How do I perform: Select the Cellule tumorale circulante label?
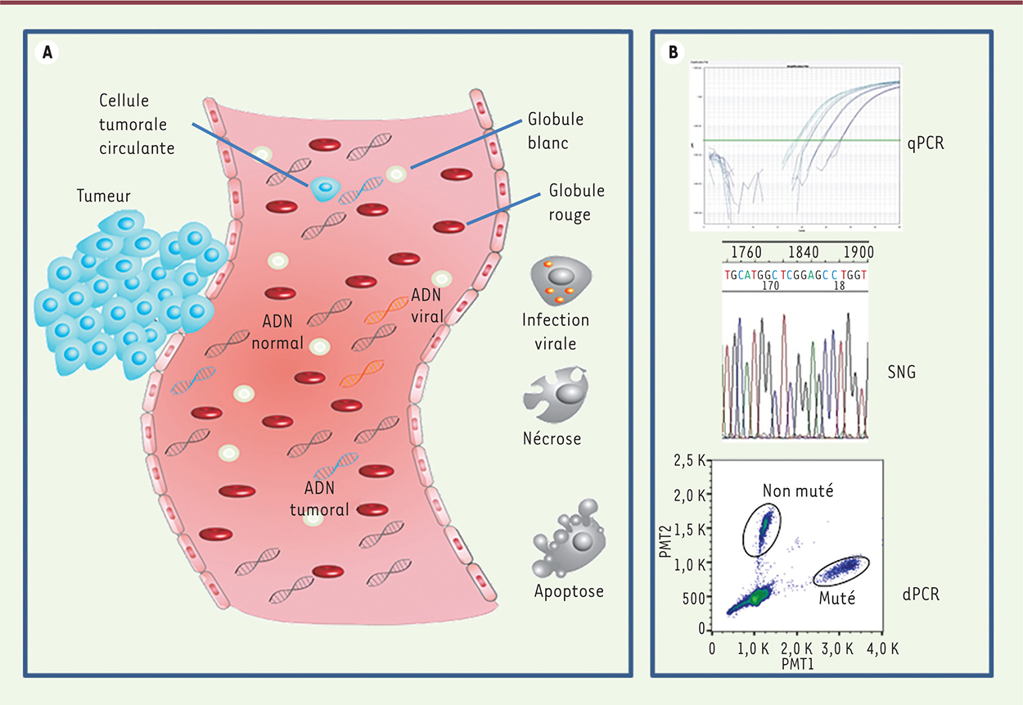(x=137, y=125)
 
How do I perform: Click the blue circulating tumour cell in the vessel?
(x=325, y=188)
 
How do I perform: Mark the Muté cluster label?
(x=836, y=598)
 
